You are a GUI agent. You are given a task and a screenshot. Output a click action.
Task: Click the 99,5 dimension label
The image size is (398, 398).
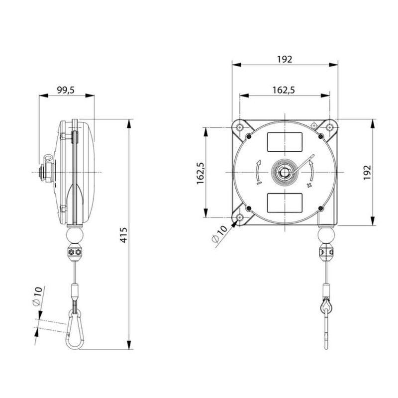click(66, 90)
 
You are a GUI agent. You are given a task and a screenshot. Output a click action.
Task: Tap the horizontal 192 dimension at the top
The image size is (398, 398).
click(284, 59)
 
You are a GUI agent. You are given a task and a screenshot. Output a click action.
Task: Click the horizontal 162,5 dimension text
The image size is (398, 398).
click(284, 90)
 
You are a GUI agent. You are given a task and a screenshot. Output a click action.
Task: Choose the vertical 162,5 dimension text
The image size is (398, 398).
click(201, 173)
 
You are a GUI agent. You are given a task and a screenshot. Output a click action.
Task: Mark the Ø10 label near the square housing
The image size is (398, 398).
click(219, 234)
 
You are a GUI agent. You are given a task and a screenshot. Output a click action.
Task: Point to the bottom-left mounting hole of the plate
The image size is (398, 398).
click(240, 218)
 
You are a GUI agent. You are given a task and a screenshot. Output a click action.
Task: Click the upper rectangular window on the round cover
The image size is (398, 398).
click(284, 142)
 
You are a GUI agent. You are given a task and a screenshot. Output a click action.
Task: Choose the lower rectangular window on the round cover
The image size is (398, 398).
click(284, 202)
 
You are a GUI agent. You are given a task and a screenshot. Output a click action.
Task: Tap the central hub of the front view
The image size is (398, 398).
click(284, 172)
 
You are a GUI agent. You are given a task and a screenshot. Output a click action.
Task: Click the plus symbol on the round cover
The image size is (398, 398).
click(309, 186)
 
